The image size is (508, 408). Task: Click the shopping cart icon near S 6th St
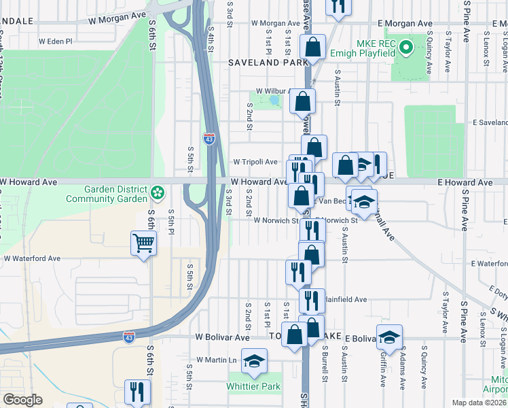click(x=143, y=243)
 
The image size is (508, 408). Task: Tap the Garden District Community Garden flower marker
click(x=158, y=193)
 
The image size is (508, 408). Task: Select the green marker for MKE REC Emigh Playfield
click(x=405, y=48)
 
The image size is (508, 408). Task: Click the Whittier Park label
click(x=255, y=387)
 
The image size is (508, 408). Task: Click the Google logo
click(x=22, y=400)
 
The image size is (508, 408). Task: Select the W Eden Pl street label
click(x=55, y=41)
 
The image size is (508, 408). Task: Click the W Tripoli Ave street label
click(x=255, y=162)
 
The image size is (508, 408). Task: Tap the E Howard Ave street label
click(x=465, y=183)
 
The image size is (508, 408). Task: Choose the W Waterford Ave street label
click(x=33, y=258)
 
